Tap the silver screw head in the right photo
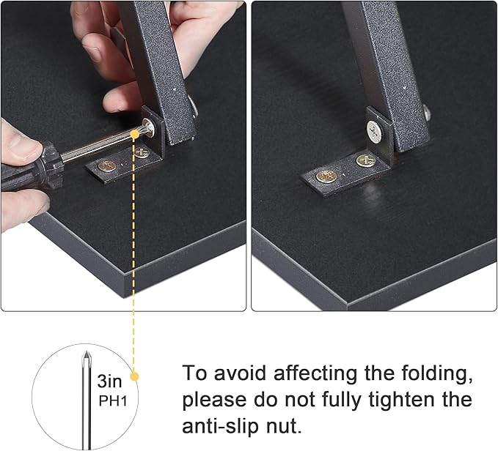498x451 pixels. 375,130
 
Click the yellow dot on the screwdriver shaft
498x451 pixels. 135,134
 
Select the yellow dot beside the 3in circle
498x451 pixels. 135,376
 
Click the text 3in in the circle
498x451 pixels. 109,381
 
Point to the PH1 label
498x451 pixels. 113,401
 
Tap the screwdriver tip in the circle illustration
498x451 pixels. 86,357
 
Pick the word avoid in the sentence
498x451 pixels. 240,373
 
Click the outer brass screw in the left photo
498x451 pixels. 107,165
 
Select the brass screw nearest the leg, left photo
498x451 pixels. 142,154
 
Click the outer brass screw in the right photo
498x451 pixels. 326,176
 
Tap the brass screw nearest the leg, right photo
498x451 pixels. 365,160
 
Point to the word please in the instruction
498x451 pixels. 214,400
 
